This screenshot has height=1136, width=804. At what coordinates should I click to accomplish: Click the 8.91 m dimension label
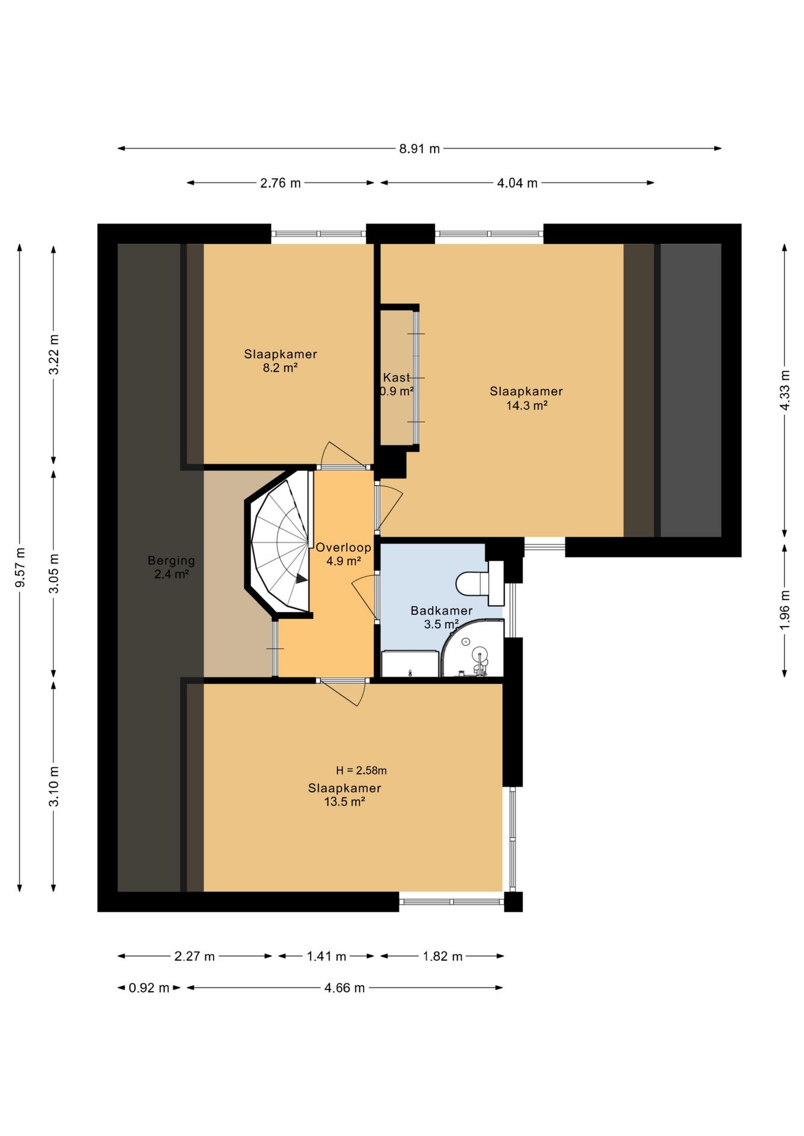[419, 149]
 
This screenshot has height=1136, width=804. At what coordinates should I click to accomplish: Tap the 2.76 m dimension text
[281, 183]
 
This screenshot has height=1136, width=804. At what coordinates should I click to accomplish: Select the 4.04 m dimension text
[517, 183]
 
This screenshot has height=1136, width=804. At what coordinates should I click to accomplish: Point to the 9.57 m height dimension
[20, 567]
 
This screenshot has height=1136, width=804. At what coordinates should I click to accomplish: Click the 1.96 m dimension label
[785, 610]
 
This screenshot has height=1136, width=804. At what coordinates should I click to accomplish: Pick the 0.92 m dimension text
[149, 987]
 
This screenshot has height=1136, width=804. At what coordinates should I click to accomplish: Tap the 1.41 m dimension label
[326, 956]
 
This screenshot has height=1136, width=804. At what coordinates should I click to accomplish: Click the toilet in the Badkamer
[479, 582]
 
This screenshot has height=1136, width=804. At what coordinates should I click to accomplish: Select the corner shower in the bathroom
[473, 648]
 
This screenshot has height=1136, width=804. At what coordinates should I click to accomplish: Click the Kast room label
[396, 377]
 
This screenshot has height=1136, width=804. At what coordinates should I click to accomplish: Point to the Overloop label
[343, 547]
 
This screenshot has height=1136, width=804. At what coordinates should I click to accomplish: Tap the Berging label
[171, 560]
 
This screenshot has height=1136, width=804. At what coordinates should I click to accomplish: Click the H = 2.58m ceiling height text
[361, 770]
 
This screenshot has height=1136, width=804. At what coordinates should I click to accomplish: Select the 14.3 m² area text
[526, 406]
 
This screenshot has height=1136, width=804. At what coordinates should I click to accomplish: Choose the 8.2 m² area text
[280, 368]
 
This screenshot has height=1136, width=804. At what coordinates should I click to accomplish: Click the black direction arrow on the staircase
[302, 579]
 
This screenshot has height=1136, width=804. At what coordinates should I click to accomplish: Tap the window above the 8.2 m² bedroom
[319, 234]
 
